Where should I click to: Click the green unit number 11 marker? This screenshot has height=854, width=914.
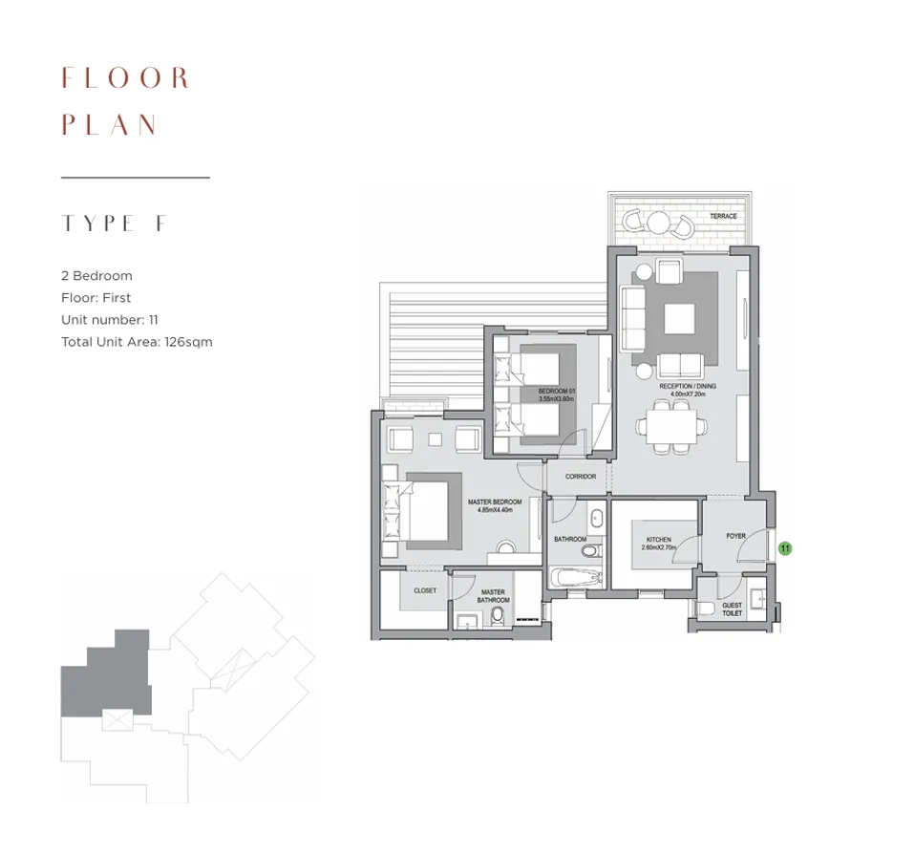click(785, 548)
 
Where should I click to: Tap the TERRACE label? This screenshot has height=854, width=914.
click(723, 217)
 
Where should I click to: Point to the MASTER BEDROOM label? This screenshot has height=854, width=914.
click(495, 505)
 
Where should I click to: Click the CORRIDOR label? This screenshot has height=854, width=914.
click(580, 477)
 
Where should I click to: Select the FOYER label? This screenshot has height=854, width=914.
click(735, 536)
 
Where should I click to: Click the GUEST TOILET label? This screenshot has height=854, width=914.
click(732, 609)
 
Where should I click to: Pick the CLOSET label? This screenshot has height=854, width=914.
click(425, 590)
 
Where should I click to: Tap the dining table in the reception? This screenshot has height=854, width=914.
click(675, 425)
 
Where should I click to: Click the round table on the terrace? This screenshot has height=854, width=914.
click(658, 223)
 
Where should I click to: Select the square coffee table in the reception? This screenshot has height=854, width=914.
click(679, 318)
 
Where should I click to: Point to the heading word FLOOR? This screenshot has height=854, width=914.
click(126, 77)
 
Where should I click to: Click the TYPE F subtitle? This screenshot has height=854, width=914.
click(115, 224)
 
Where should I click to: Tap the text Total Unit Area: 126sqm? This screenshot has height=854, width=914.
click(137, 342)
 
